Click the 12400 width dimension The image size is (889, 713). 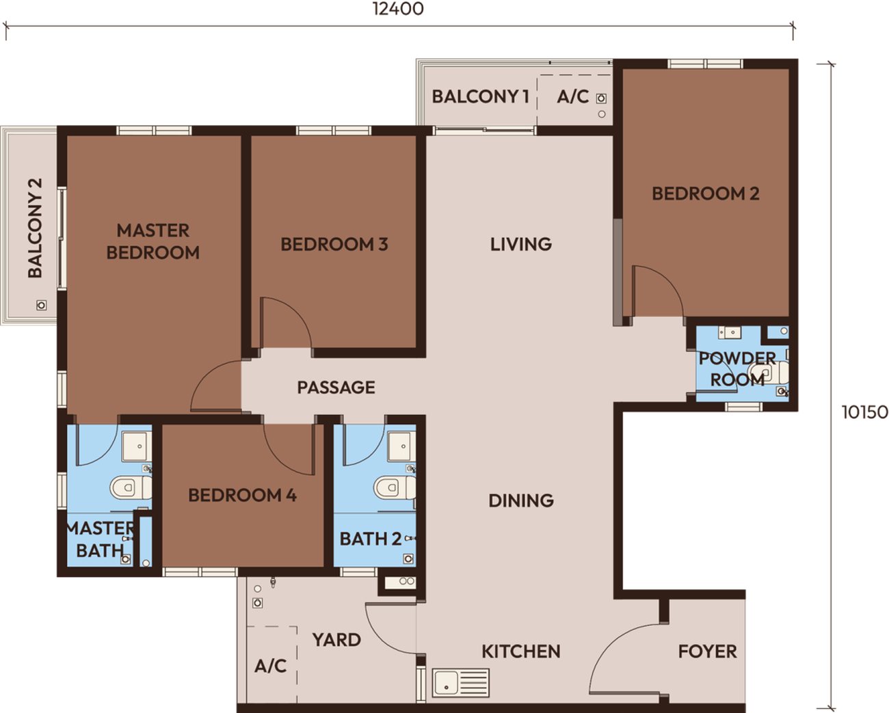pos(398,9)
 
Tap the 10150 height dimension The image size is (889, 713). pos(865,412)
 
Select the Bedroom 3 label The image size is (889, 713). pos(334,244)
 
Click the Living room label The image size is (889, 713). pos(521,244)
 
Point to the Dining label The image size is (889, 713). pos(521,500)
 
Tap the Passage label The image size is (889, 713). pos(336,388)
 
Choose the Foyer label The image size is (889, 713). pos(707,652)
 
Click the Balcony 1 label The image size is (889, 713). pos(481,96)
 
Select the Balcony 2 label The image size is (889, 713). pos(35,228)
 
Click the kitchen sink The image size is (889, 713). pos(461,682)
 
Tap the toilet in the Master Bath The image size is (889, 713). pos(131,487)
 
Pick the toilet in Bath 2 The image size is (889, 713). pos(395,487)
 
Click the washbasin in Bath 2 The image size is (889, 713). pos(401,446)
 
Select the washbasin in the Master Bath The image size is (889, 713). pos(137,446)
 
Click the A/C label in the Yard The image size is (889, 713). pos(271,666)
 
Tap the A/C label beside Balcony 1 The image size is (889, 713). pos(573,96)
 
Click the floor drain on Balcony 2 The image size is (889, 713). pos(41,306)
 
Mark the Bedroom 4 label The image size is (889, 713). pos(243,496)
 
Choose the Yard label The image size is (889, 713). pos(336,640)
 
